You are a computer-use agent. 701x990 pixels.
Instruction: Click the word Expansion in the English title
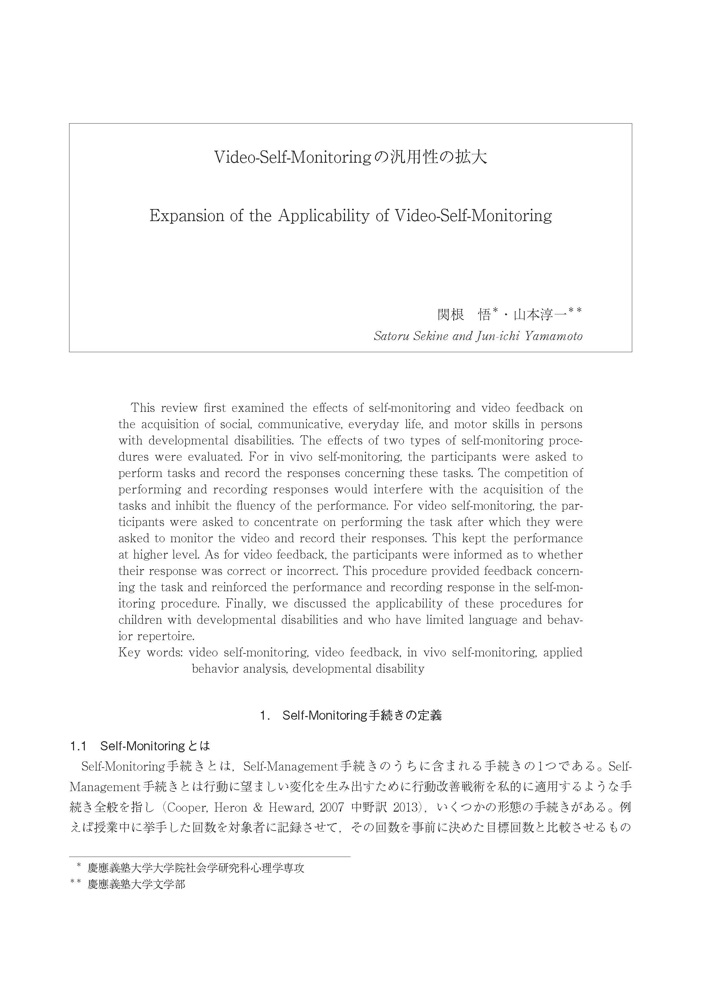(186, 216)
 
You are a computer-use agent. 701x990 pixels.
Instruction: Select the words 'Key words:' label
(150, 652)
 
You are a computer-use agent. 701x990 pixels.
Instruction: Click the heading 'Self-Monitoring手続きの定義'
(362, 715)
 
